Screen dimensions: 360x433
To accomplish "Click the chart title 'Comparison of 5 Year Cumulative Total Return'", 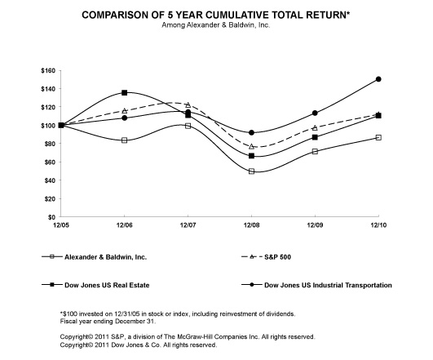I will (216, 15).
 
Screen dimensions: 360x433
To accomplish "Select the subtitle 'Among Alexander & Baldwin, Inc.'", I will (216, 26).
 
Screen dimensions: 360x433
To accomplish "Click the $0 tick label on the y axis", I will (51, 217).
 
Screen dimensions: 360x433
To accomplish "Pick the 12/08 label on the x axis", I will (251, 223).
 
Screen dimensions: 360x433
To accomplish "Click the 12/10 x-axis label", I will (378, 223).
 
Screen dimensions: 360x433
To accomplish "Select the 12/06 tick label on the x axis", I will (124, 223).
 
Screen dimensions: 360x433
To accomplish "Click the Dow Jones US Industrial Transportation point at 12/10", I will (378, 79).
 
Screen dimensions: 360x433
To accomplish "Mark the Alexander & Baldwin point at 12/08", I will (251, 171).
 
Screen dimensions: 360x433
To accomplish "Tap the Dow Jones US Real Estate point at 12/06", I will (124, 93).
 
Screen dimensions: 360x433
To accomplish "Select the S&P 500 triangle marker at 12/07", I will (188, 105).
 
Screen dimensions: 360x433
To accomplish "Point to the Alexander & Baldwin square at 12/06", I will (124, 140).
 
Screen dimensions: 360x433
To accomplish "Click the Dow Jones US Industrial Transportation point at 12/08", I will (251, 132).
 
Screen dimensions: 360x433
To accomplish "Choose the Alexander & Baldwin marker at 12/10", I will (378, 137).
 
